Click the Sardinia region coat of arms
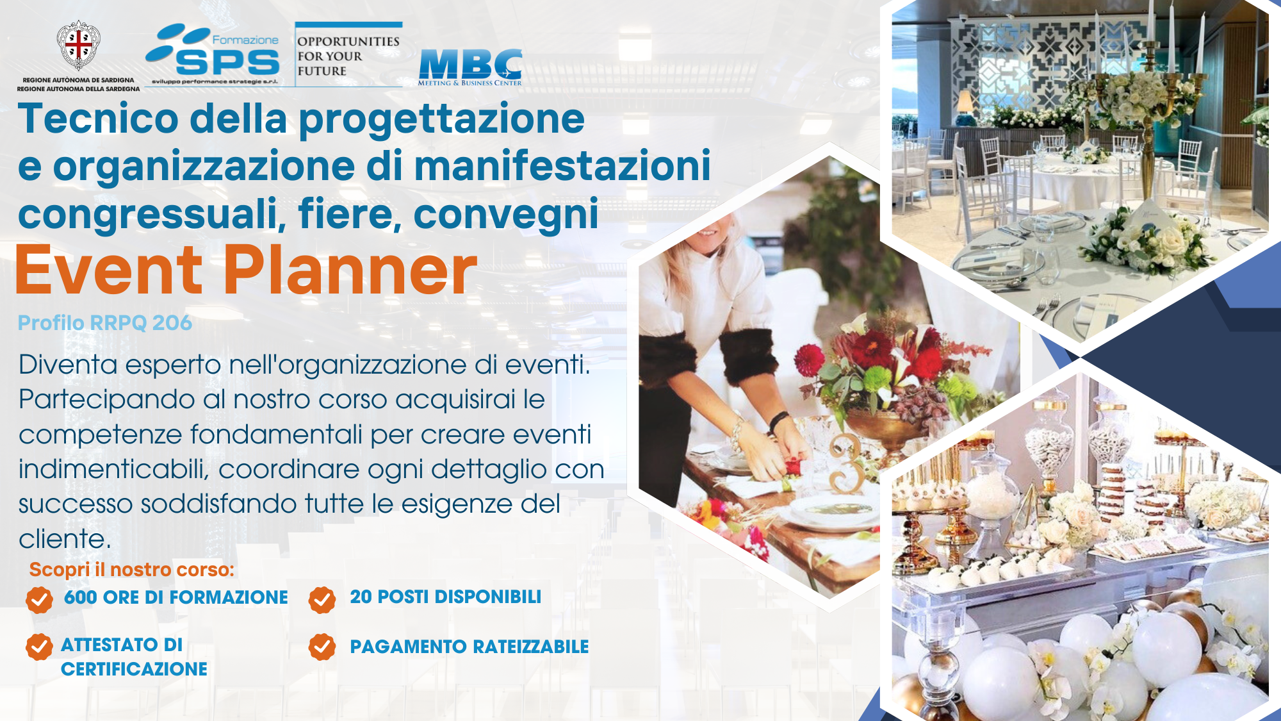[x=78, y=45]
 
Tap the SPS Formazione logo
[x=213, y=54]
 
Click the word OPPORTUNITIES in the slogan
[x=348, y=41]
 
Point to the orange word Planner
[x=350, y=271]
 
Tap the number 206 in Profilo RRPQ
[x=172, y=322]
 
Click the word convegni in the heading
[x=506, y=215]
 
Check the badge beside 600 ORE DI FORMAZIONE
[x=39, y=600]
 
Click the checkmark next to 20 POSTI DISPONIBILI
[x=322, y=600]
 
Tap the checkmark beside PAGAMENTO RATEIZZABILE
[x=322, y=647]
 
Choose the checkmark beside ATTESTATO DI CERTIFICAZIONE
[x=39, y=647]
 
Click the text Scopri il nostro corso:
[x=132, y=570]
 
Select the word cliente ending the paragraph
[x=65, y=539]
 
